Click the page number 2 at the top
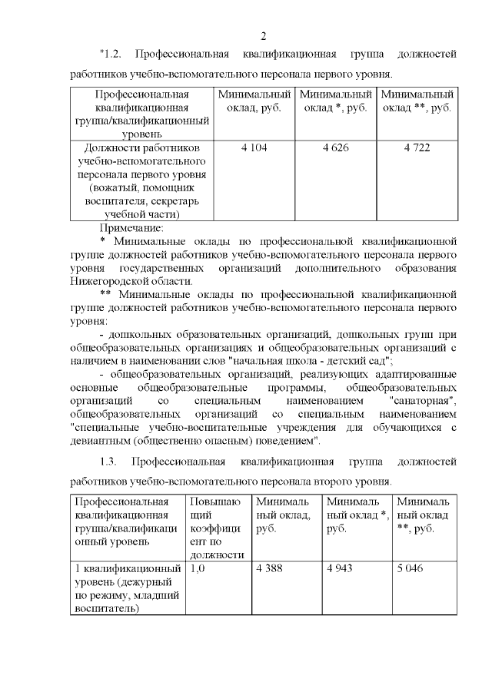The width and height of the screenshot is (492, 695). tap(263, 36)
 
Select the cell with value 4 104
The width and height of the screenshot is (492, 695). tap(254, 147)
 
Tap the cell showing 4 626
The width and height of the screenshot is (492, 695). tap(335, 147)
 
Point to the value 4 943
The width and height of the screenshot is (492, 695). tap(342, 569)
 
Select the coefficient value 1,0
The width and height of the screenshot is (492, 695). tap(198, 569)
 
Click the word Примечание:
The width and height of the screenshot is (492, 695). tap(131, 228)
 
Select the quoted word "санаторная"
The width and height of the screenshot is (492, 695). tap(424, 401)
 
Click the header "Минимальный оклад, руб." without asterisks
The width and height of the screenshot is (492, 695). tap(254, 101)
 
